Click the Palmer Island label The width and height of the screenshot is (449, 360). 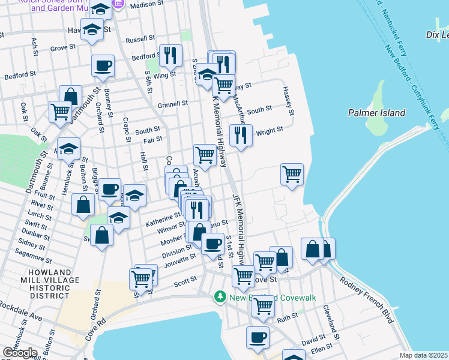376,112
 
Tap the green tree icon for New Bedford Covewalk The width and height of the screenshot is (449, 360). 220,297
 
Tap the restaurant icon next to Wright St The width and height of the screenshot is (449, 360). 241,135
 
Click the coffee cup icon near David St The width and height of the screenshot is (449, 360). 258,337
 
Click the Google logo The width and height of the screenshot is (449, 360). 20,352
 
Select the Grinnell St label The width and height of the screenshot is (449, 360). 173,103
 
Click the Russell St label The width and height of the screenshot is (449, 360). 141,39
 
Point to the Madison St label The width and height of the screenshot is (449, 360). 146,5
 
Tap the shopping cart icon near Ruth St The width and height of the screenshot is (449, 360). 263,305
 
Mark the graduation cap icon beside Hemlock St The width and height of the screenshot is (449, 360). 68,148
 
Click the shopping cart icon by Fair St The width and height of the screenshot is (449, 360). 205,155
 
